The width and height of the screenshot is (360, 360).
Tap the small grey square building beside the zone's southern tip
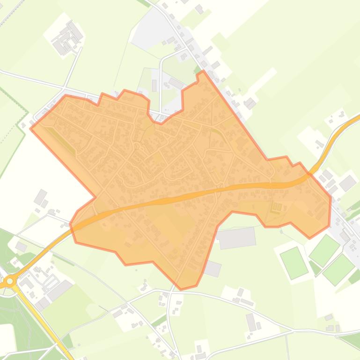coord(212,268)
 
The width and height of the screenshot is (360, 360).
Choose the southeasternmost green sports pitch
coord(338,269)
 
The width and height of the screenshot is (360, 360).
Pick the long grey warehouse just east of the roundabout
coord(59,290)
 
